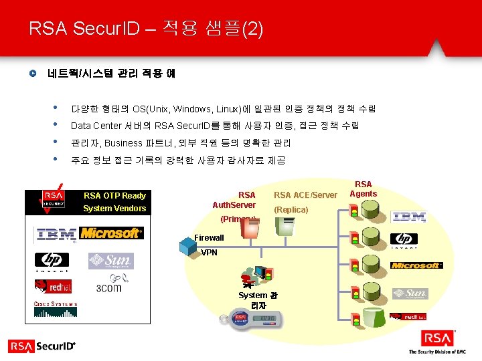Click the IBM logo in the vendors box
(x=56, y=235)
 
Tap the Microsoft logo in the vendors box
(x=111, y=233)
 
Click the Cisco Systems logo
(x=56, y=308)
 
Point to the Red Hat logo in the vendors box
(x=53, y=286)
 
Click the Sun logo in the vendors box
(x=110, y=261)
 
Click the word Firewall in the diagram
(x=209, y=238)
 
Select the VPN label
(x=209, y=253)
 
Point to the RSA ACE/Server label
(x=305, y=195)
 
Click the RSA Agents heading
(x=364, y=189)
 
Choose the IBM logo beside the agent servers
(x=410, y=217)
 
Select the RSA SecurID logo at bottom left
(x=42, y=346)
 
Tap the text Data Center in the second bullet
(x=96, y=126)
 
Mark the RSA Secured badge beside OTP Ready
(x=53, y=200)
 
